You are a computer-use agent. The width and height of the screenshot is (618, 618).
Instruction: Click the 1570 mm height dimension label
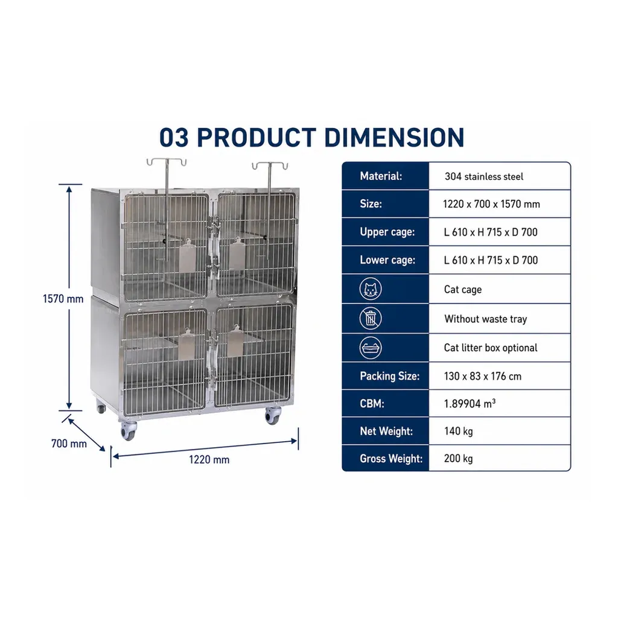63,299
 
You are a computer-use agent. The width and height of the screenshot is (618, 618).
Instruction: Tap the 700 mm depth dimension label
69,444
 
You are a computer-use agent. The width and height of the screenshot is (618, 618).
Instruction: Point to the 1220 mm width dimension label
209,459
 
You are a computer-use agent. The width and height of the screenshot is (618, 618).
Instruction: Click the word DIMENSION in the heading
394,137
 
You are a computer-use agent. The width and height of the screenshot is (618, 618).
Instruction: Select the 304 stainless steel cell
484,176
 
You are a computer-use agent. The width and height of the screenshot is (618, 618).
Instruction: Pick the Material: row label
381,176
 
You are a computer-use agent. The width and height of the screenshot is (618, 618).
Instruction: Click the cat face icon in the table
371,288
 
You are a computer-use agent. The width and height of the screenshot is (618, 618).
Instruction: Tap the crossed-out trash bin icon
371,319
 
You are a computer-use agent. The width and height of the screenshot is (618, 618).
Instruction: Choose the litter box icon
371,348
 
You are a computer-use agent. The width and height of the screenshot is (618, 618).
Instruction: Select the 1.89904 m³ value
470,403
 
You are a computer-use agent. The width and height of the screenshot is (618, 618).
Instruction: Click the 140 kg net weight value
459,431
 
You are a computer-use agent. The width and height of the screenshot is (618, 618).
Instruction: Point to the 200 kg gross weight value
459,459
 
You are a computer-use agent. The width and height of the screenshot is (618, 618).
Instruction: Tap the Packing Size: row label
389,376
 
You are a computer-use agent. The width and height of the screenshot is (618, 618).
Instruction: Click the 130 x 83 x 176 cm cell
483,376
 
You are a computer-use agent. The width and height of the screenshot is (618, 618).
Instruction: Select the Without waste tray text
486,319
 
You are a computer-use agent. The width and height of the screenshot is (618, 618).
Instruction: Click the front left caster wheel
128,430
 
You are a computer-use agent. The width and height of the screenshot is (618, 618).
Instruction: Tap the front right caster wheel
273,415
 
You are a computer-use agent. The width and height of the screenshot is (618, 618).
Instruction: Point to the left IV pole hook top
167,162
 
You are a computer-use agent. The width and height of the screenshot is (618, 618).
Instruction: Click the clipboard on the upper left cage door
187,255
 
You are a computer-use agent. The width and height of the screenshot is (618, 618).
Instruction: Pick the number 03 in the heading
174,137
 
